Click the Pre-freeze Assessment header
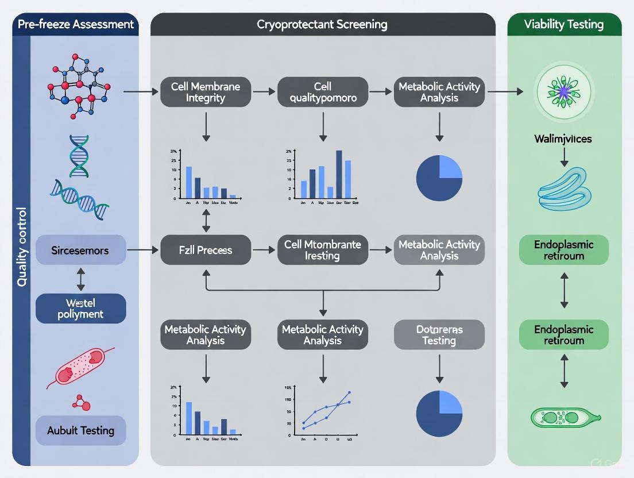(x=76, y=24)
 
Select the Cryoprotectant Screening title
(x=322, y=24)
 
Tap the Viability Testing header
(x=564, y=24)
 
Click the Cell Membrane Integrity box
(x=205, y=92)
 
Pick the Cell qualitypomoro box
(x=323, y=92)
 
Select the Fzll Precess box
(x=205, y=250)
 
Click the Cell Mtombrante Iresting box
(x=323, y=250)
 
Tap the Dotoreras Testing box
(x=439, y=334)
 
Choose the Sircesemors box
(x=80, y=250)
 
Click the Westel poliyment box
(x=80, y=309)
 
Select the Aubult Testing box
(x=80, y=430)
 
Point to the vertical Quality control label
(x=22, y=247)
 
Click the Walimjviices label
(x=563, y=138)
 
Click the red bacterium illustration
(x=83, y=368)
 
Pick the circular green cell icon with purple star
(x=563, y=92)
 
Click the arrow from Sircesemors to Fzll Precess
(x=142, y=250)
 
